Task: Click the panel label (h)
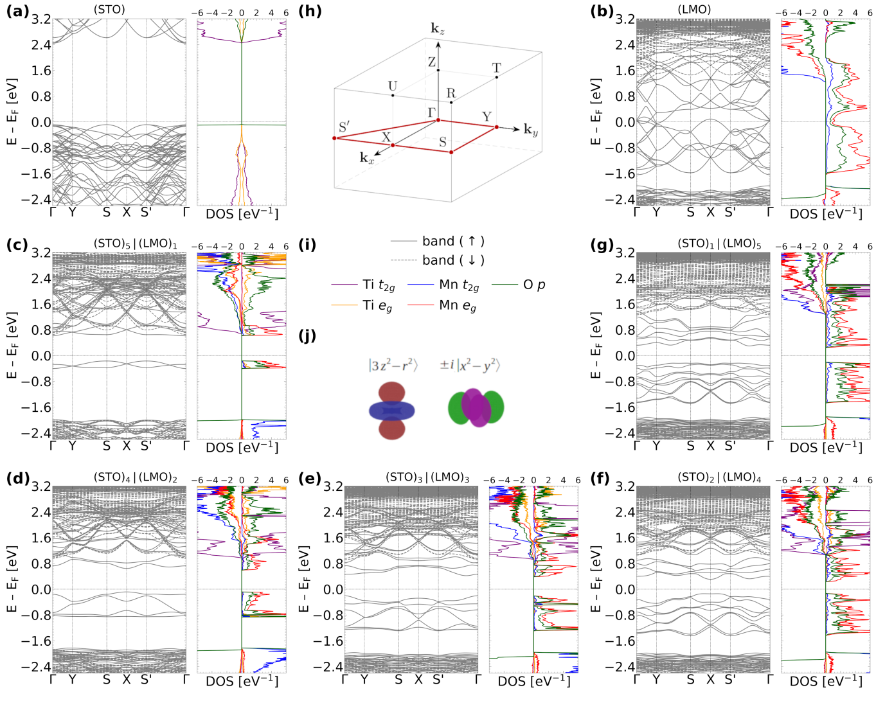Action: click(x=310, y=12)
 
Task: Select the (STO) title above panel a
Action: click(x=109, y=10)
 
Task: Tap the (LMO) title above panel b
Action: click(x=694, y=10)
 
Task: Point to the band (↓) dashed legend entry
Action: click(x=438, y=260)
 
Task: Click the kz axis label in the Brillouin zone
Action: click(x=438, y=29)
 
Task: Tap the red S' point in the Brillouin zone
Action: click(x=335, y=138)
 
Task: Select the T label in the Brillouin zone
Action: click(x=496, y=68)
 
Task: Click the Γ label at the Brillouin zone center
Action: click(x=432, y=112)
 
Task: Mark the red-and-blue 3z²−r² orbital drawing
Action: click(x=392, y=411)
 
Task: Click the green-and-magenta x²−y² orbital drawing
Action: click(x=476, y=407)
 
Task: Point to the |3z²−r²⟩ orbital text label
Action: click(x=393, y=366)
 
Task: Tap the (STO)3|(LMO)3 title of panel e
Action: click(x=427, y=478)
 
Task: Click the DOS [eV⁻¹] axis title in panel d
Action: click(x=242, y=680)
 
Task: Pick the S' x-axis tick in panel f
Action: click(x=730, y=679)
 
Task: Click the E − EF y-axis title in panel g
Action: click(x=597, y=345)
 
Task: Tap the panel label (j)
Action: click(x=308, y=336)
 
